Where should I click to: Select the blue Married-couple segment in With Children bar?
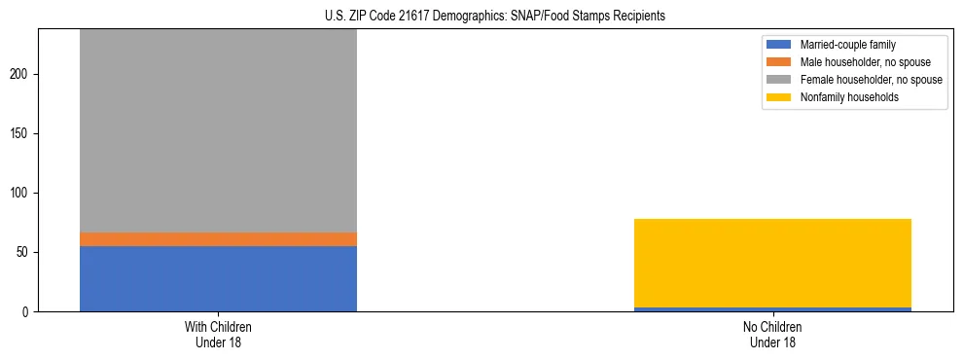click(218, 278)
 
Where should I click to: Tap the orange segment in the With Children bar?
click(218, 239)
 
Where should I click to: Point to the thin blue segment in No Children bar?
click(772, 309)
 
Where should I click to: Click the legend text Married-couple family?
click(847, 45)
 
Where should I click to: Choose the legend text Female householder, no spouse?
click(871, 80)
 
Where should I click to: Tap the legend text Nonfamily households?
click(849, 97)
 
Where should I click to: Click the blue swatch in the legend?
click(779, 45)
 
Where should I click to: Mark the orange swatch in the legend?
click(779, 62)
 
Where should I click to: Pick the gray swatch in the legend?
click(779, 80)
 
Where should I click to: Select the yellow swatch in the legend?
click(779, 97)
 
